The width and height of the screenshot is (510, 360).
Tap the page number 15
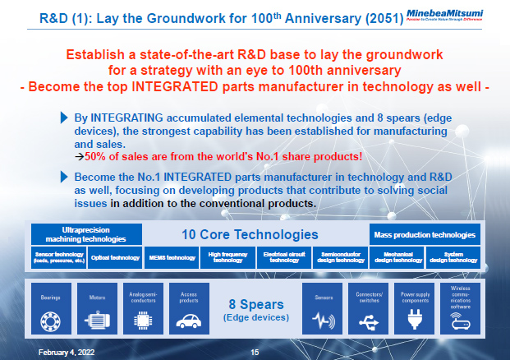tap(255, 352)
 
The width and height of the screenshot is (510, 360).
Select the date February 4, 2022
tap(62, 352)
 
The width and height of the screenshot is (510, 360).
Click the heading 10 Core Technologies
tap(249, 234)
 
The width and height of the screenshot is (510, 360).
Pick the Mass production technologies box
tap(423, 233)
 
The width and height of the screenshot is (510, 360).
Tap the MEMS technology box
tap(171, 257)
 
